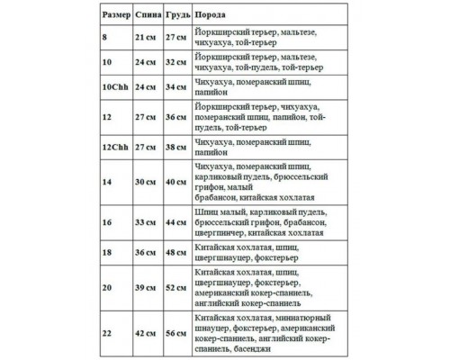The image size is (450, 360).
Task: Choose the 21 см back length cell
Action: tap(147, 35)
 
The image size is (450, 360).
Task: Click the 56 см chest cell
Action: tap(176, 332)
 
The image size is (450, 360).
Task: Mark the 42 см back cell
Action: tap(147, 332)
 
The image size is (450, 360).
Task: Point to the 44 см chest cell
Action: tap(176, 220)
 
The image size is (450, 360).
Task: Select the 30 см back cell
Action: tap(147, 183)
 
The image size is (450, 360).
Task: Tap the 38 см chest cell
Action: tap(176, 144)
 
